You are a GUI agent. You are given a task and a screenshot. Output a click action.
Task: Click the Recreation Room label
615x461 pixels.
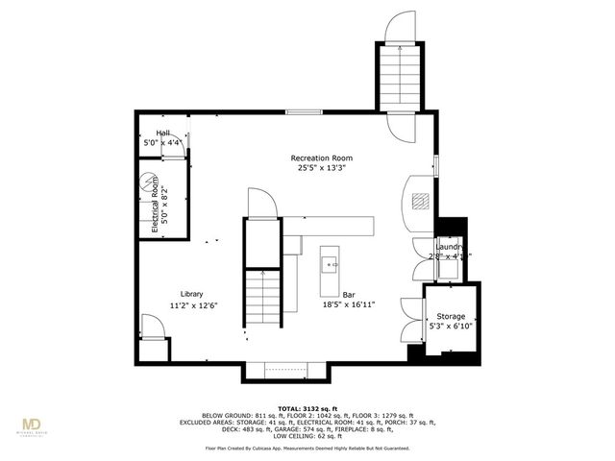(x=322, y=158)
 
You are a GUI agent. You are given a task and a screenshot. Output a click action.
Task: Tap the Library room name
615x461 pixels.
(x=191, y=294)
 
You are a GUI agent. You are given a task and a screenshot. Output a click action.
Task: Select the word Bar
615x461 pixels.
(x=348, y=294)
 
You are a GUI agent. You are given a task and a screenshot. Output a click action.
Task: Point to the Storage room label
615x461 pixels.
(x=451, y=316)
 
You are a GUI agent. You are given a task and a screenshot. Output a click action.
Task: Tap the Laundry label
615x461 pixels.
(x=450, y=247)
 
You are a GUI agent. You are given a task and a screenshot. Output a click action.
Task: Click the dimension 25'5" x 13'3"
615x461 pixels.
(x=322, y=168)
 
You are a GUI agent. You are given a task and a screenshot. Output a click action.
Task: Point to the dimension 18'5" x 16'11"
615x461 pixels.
(x=348, y=305)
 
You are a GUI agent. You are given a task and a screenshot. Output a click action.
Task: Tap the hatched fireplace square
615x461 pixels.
(x=419, y=200)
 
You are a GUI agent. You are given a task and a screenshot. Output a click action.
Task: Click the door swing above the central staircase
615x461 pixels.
(x=261, y=203)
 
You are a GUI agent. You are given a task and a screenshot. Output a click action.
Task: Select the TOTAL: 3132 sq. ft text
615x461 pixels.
(x=307, y=408)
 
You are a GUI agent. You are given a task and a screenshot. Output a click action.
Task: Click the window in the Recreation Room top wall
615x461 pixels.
(x=304, y=112)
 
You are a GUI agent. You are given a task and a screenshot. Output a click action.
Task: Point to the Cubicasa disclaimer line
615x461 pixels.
(x=307, y=449)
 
